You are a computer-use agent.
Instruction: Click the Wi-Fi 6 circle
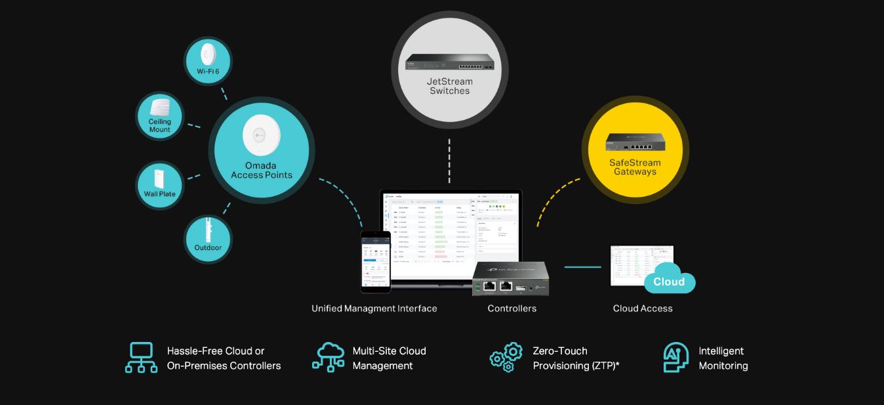point(207,61)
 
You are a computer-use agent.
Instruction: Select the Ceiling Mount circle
point(159,115)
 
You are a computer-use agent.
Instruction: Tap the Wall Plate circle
point(159,186)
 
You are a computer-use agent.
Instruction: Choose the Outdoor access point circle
point(207,239)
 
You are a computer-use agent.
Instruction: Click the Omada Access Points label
point(262,170)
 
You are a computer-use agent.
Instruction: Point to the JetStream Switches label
point(450,86)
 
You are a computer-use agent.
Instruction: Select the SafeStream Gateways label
point(635,167)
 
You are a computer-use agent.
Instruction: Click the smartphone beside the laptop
point(376,261)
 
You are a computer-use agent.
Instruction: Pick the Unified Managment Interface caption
point(374,309)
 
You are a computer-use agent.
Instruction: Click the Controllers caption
point(512,309)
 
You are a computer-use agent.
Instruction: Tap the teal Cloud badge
point(668,281)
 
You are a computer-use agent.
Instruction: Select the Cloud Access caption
point(643,309)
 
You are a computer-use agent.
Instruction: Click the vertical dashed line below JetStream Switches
point(449,161)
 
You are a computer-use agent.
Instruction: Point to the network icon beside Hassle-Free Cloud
point(142,358)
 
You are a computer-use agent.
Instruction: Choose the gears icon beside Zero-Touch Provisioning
point(506,357)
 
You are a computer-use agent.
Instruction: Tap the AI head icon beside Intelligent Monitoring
point(676,358)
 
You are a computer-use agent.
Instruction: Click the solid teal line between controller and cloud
point(582,267)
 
